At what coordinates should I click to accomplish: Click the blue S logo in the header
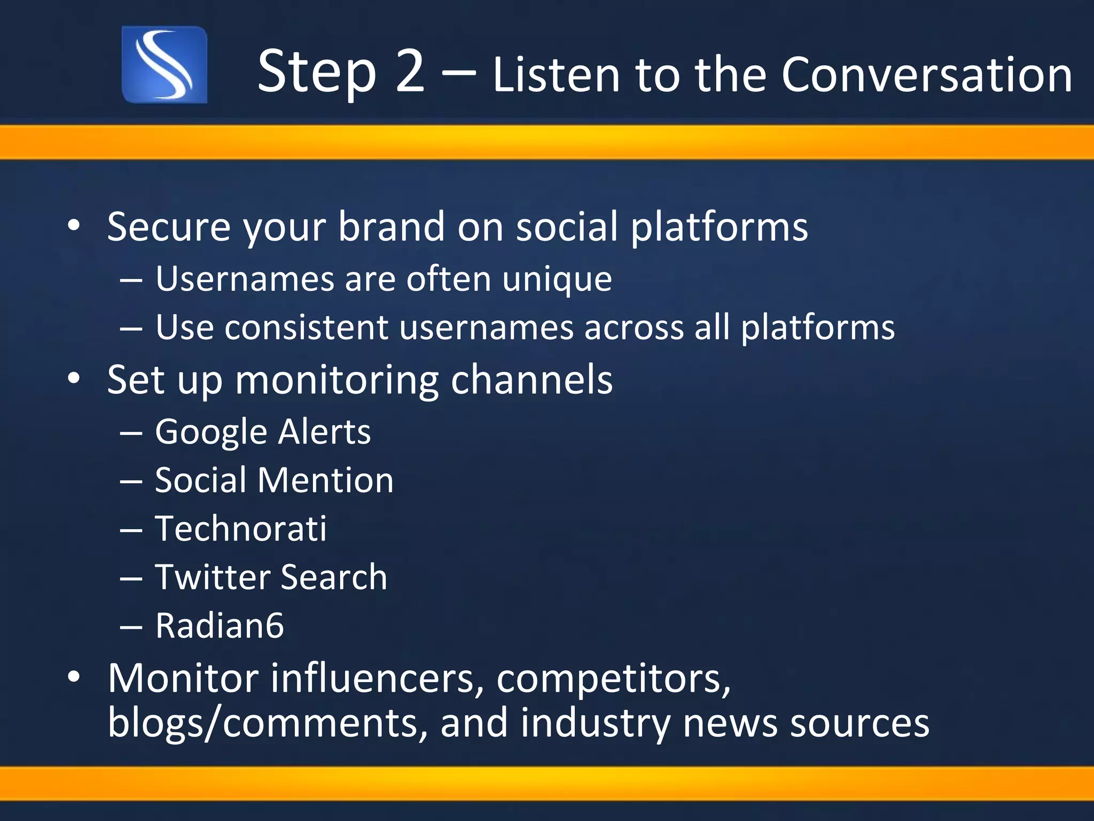tap(164, 65)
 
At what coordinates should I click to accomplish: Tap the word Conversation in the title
tap(927, 75)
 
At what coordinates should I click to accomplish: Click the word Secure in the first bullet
tap(169, 227)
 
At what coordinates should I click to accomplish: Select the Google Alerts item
tap(262, 432)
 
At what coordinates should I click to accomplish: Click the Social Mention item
tap(274, 480)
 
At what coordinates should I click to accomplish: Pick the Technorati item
tap(240, 529)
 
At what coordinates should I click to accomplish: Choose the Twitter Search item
tap(271, 577)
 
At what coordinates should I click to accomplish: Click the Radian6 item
tap(219, 625)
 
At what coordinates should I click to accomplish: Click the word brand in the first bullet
tap(391, 227)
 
